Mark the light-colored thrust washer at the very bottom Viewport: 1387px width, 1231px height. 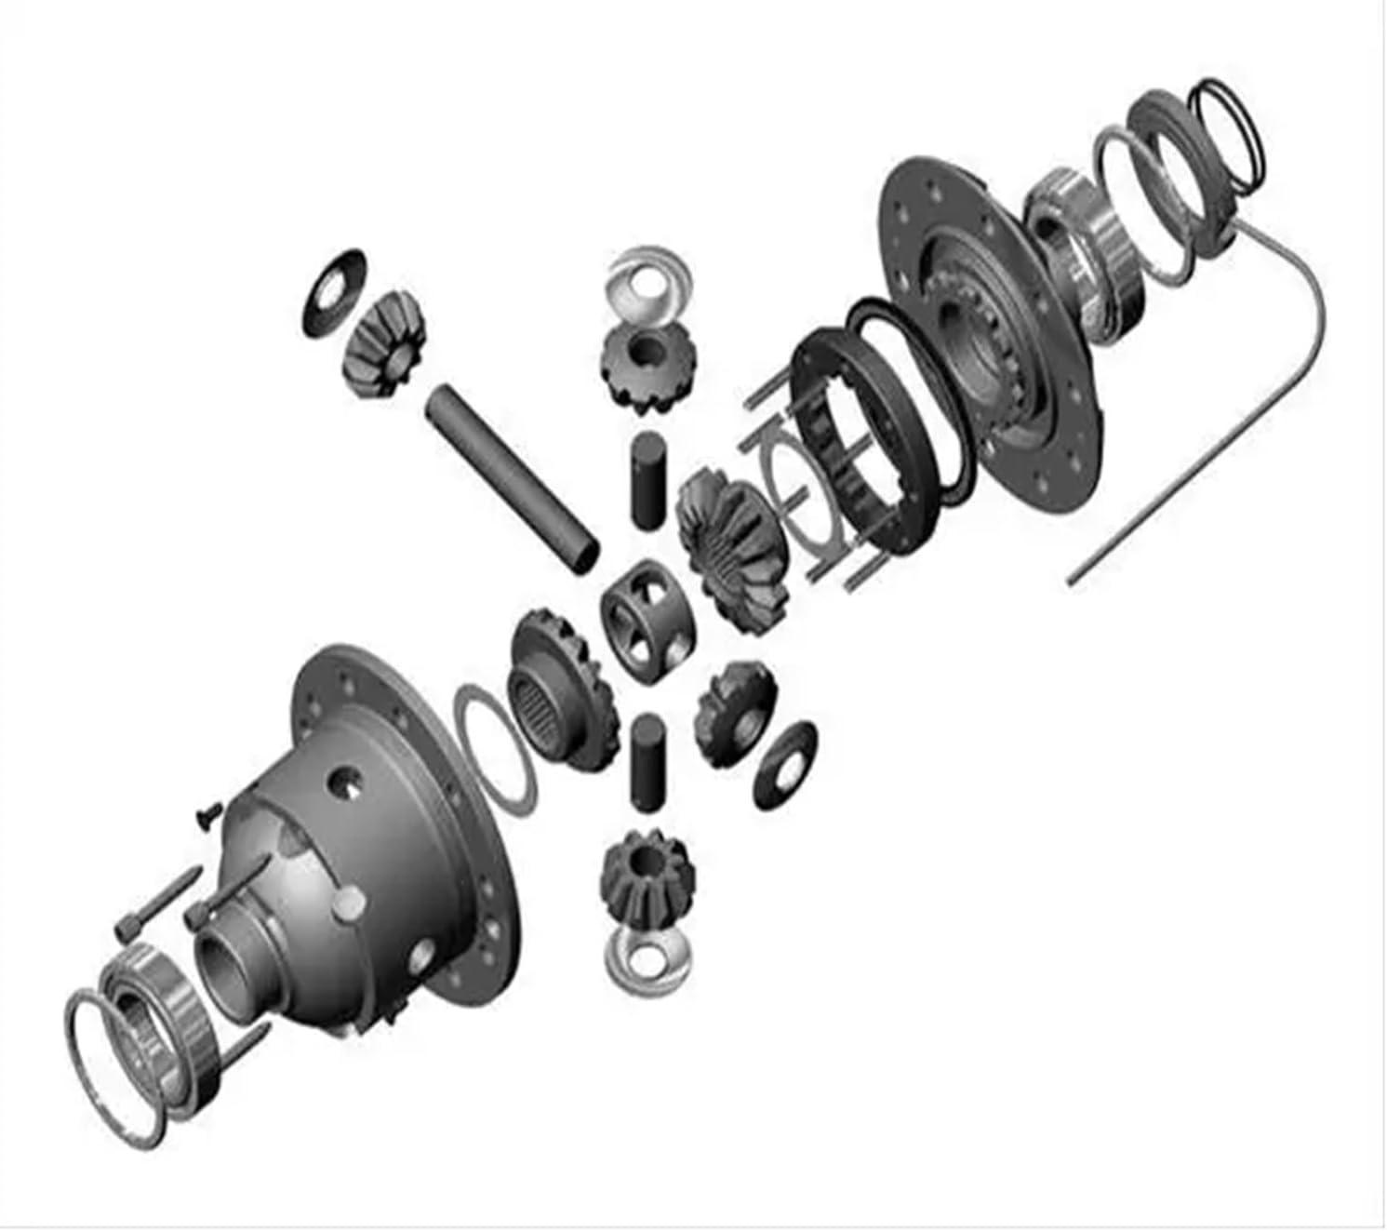tap(648, 961)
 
